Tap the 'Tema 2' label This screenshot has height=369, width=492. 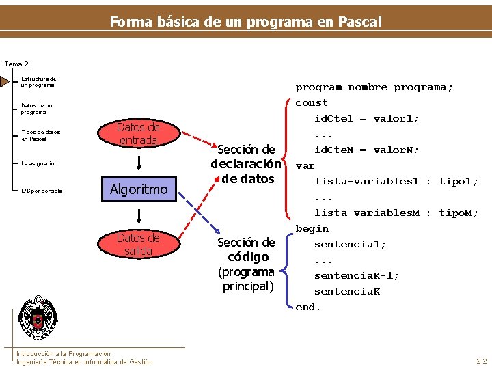tap(16, 64)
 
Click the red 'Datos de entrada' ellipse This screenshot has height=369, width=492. tap(138, 134)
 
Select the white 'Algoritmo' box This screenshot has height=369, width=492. tap(139, 189)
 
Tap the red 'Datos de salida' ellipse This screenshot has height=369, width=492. tap(138, 245)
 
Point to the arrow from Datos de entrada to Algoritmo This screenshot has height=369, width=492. tap(139, 161)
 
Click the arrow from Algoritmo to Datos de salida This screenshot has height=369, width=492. tap(139, 216)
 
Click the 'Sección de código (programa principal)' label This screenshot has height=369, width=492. tap(246, 264)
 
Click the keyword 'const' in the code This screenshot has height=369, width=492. tap(312, 102)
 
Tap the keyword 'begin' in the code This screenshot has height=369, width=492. tap(312, 228)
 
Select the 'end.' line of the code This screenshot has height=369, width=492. tap(307, 307)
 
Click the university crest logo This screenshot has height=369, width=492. tap(38, 318)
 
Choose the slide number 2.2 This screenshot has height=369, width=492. tap(481, 360)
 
